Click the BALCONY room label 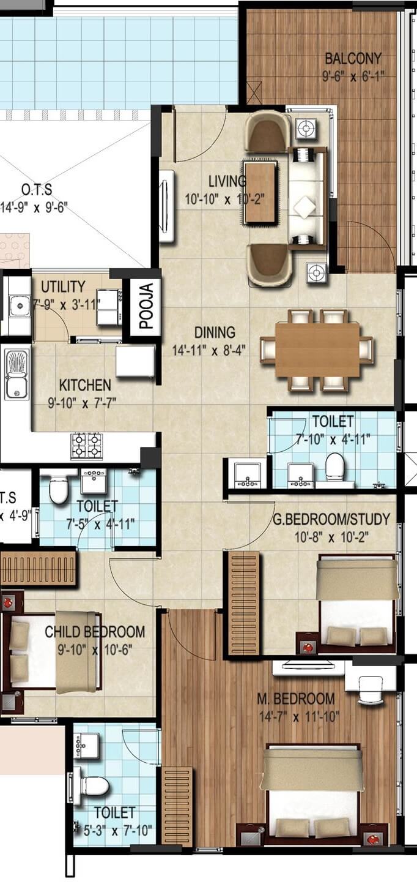click(x=353, y=59)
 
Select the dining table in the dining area click(x=317, y=350)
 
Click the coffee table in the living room click(x=260, y=192)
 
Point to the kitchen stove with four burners click(x=86, y=445)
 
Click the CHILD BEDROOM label click(x=95, y=632)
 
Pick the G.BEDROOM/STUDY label click(x=331, y=520)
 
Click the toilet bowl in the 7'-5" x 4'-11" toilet click(x=59, y=490)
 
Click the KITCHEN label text click(x=85, y=386)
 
